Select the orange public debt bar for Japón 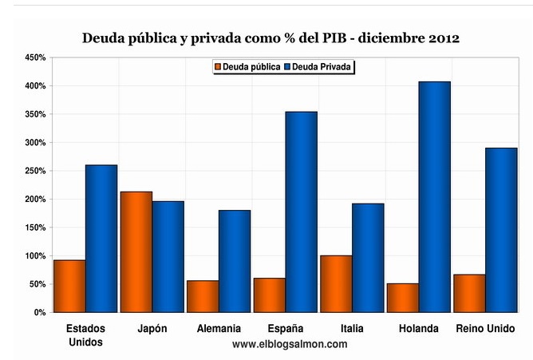[x=136, y=251]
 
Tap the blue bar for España [x=301, y=212]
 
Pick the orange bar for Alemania [x=203, y=296]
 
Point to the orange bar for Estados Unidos [x=69, y=286]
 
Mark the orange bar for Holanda [x=402, y=298]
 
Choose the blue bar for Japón [x=168, y=256]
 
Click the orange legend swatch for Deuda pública [x=216, y=67]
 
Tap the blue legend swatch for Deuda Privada [x=287, y=67]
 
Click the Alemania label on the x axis [x=219, y=328]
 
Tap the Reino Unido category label [x=485, y=328]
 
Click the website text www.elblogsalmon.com [x=290, y=344]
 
